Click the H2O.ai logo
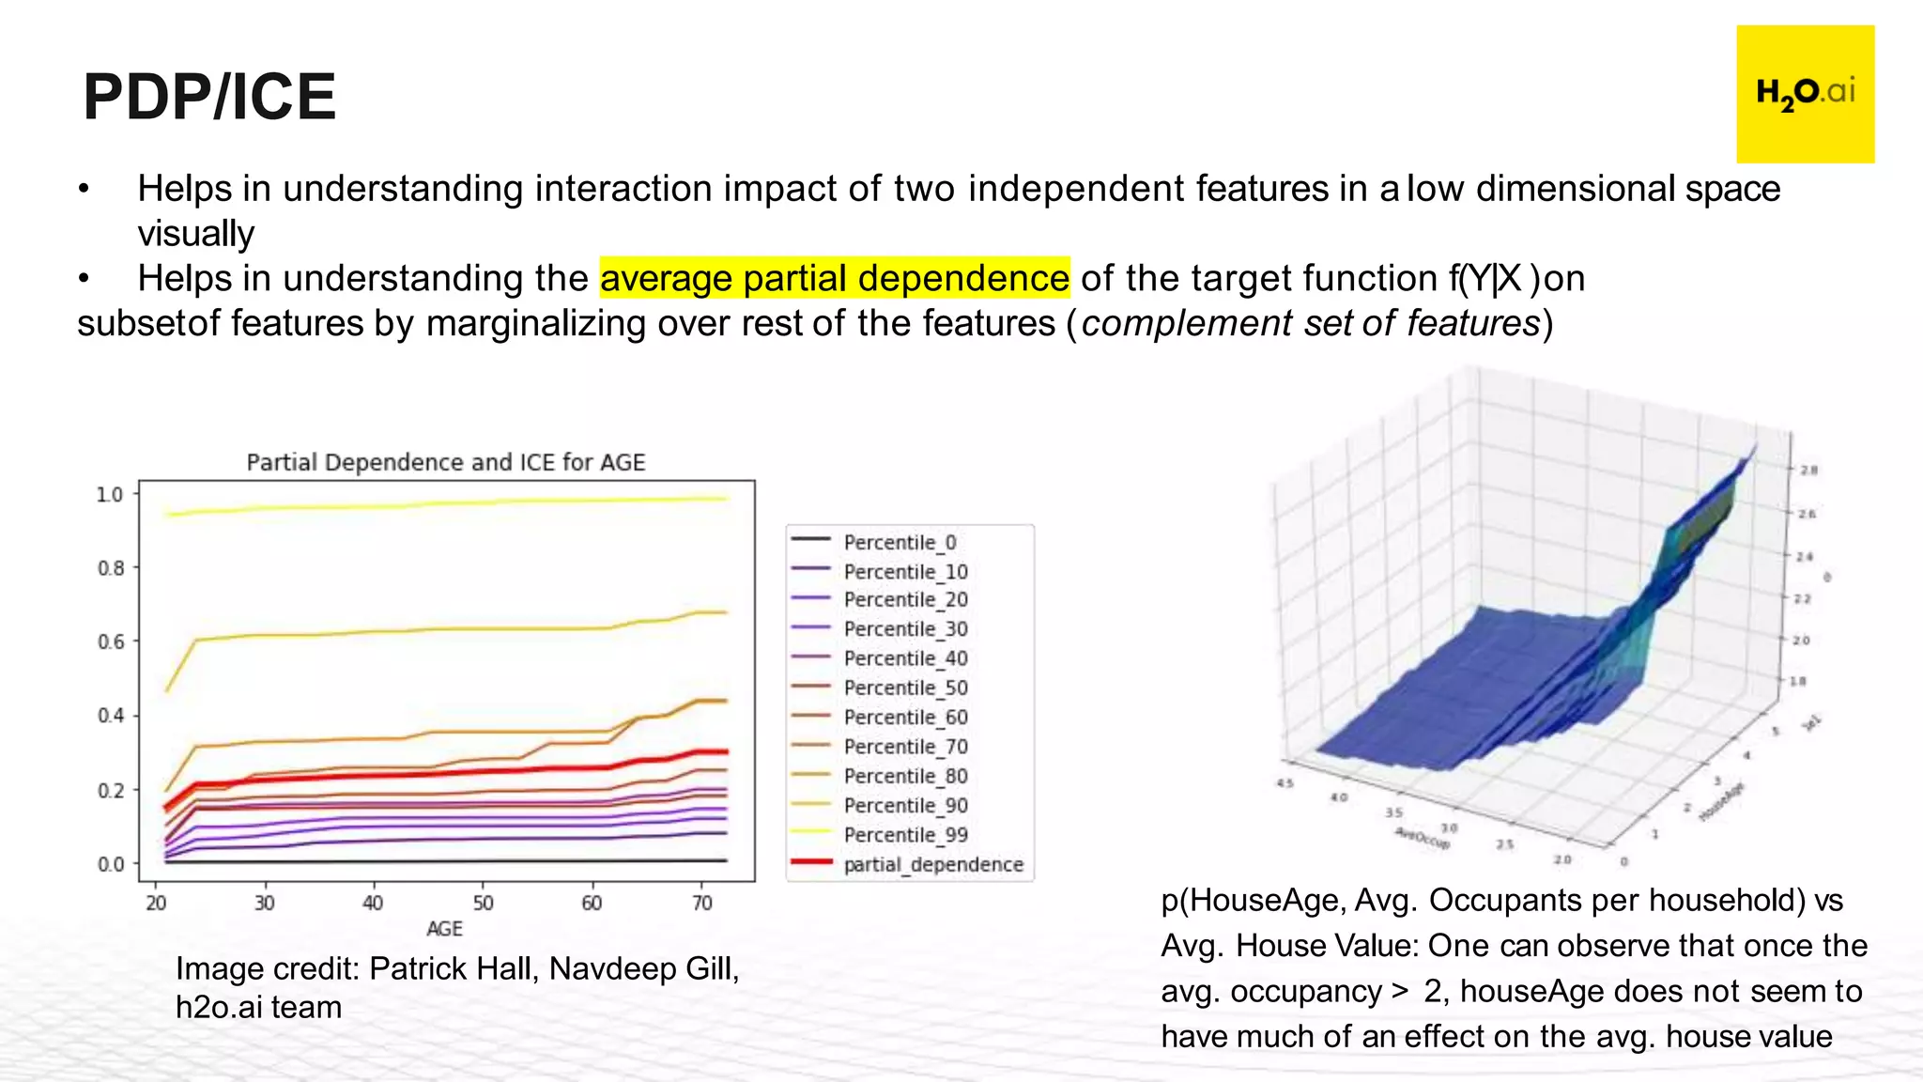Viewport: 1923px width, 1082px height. [x=1805, y=94]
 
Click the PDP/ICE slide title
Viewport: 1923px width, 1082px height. [x=209, y=97]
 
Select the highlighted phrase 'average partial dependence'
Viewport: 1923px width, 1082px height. [x=834, y=278]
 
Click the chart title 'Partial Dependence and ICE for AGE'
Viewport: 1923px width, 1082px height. [x=446, y=462]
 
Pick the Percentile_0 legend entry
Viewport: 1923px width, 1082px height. [x=899, y=542]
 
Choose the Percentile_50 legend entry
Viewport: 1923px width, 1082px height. [x=904, y=688]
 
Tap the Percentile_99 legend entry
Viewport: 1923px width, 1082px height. [x=904, y=834]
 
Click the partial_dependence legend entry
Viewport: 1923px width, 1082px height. [x=932, y=864]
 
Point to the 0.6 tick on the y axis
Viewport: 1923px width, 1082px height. [x=111, y=641]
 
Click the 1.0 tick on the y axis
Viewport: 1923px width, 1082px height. [x=110, y=494]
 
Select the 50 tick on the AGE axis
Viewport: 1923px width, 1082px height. [x=483, y=903]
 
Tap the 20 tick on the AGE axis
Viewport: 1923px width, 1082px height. [x=156, y=903]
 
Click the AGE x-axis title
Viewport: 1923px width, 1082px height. [x=444, y=928]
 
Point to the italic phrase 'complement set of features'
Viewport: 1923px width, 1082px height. [x=1311, y=323]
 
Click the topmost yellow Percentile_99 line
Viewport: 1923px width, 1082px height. [x=469, y=503]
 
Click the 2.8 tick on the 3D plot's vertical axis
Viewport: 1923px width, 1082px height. [x=1808, y=470]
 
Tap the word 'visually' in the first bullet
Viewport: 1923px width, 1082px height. [x=195, y=233]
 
